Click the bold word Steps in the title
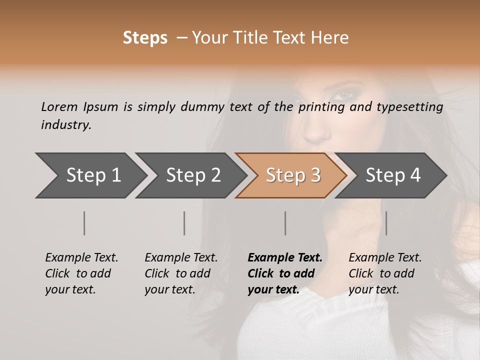click(145, 38)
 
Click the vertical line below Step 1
click(84, 223)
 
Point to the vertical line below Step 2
click(184, 223)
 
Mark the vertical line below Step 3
click(285, 223)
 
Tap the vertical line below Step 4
click(386, 223)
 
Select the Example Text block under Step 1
click(81, 273)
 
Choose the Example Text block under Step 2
click(181, 273)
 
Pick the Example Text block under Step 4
click(385, 273)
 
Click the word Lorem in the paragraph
click(59, 106)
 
